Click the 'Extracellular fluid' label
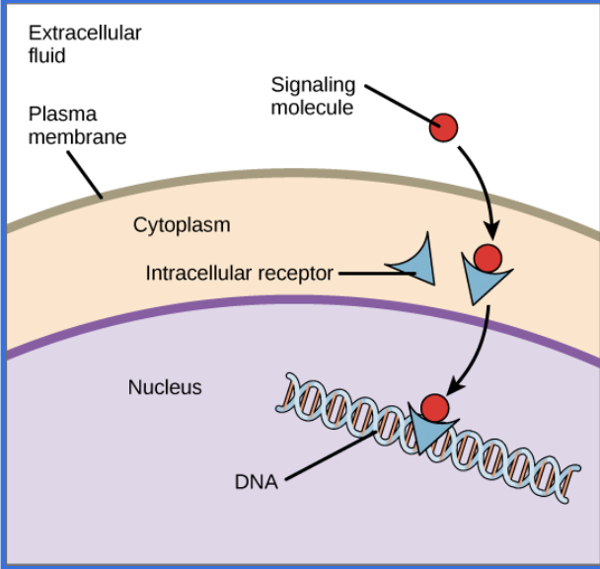[85, 44]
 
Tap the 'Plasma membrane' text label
[77, 125]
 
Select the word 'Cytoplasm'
[182, 225]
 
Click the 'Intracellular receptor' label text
[240, 273]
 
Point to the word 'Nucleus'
[165, 387]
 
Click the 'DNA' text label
[256, 483]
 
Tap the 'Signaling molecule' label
[313, 97]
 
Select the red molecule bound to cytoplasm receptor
[487, 258]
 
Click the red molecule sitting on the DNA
[435, 406]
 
